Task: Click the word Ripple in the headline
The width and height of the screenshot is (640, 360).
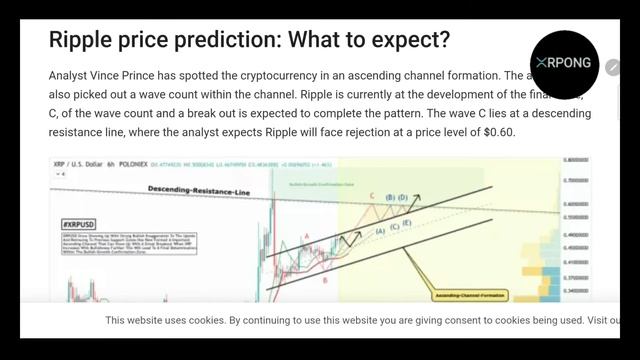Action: point(87,41)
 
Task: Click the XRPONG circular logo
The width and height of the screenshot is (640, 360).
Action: point(563,63)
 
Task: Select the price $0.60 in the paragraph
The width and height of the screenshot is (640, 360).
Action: point(494,131)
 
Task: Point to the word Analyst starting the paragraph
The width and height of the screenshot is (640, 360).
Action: point(69,76)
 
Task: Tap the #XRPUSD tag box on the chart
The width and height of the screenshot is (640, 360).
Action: point(77,224)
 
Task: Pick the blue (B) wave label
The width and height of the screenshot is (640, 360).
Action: point(390,198)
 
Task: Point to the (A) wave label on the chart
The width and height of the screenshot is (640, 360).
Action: point(380,231)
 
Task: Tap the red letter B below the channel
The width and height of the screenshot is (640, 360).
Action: point(324,281)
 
